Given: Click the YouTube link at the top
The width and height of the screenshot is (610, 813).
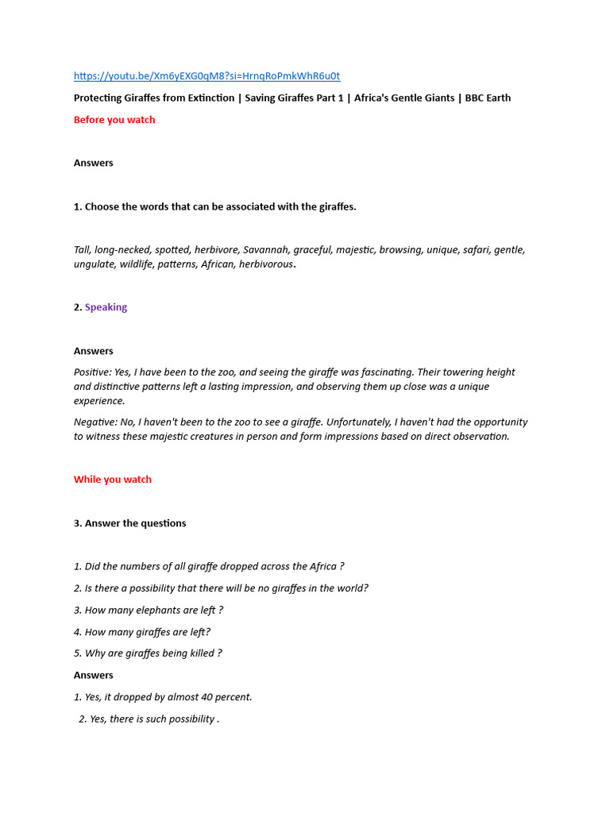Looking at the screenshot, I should pyautogui.click(x=207, y=76).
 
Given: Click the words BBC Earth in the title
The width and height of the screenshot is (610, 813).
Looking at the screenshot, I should pyautogui.click(x=487, y=98).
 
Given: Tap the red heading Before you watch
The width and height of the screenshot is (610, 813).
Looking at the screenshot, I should pyautogui.click(x=114, y=120).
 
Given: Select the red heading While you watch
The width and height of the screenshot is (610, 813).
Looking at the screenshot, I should pyautogui.click(x=113, y=480).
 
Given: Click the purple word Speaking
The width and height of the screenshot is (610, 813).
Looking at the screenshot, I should pyautogui.click(x=106, y=307).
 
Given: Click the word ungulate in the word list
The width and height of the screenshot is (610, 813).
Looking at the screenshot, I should pyautogui.click(x=95, y=264).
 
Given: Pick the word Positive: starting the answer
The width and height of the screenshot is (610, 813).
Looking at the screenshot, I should pyautogui.click(x=94, y=372).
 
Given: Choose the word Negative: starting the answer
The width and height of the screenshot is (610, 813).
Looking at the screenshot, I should pyautogui.click(x=96, y=422).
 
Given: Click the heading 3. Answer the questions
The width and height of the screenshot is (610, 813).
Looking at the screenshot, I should pyautogui.click(x=129, y=523).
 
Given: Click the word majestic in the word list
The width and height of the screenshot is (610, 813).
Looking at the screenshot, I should pyautogui.click(x=354, y=249).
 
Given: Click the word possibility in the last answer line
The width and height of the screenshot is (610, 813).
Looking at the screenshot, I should pyautogui.click(x=187, y=719).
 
